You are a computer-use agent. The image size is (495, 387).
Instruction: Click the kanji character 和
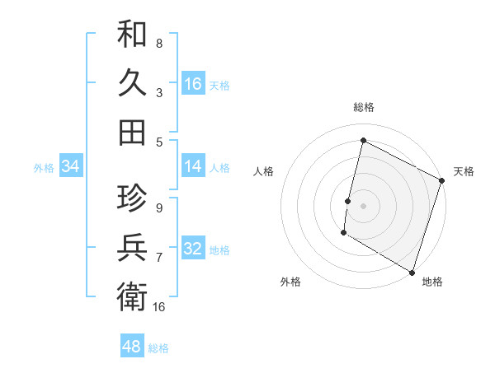click(x=132, y=35)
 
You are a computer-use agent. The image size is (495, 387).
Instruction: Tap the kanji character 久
click(x=132, y=83)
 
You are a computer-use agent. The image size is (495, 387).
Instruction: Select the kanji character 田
click(x=132, y=132)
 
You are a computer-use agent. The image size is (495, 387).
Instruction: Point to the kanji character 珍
click(x=132, y=198)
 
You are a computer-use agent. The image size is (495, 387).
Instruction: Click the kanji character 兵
click(x=132, y=247)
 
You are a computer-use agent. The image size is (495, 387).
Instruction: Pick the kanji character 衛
click(x=132, y=296)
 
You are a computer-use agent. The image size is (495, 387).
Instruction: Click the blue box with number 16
click(x=193, y=84)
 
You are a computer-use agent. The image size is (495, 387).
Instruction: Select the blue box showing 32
click(x=193, y=249)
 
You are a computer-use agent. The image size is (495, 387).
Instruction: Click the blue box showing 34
click(x=71, y=167)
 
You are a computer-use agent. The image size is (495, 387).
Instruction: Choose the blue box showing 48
click(x=132, y=347)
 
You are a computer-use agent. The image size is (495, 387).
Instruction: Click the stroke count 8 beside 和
click(x=158, y=43)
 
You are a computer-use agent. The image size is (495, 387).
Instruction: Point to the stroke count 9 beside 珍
click(x=158, y=207)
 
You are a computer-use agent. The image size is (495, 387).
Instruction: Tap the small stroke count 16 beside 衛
click(x=159, y=306)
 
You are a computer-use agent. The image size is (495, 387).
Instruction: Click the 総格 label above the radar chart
click(x=364, y=107)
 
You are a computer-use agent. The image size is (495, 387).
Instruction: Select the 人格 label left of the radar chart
click(x=263, y=171)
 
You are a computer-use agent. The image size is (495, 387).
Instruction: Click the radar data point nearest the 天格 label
click(x=442, y=182)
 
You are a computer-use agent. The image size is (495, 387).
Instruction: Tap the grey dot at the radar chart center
click(x=363, y=204)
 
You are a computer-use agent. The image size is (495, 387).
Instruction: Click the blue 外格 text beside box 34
click(x=44, y=168)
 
